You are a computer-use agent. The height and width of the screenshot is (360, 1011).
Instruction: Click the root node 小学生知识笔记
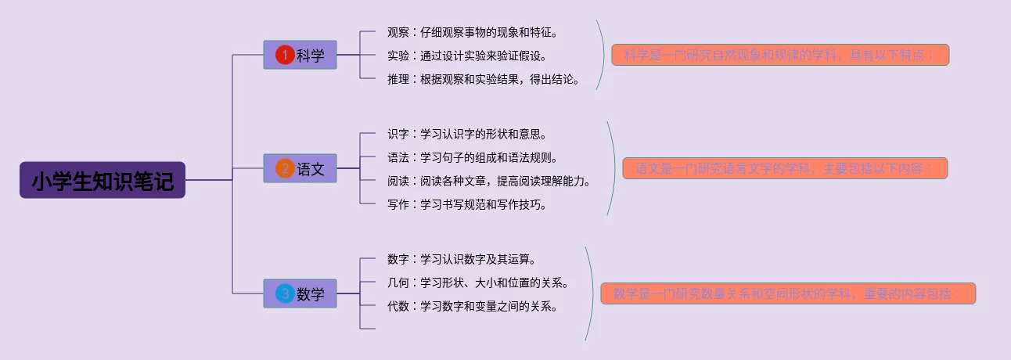102,180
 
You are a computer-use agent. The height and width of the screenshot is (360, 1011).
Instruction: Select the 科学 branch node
300,55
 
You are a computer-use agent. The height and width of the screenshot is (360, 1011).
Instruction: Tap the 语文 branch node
300,168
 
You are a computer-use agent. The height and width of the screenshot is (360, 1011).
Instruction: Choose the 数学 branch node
300,293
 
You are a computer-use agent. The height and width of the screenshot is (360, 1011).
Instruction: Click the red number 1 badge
285,55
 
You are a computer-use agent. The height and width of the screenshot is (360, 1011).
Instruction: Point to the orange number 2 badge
285,168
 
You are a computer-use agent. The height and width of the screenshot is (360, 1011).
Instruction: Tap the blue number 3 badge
285,293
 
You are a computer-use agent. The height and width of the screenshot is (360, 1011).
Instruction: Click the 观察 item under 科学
473,32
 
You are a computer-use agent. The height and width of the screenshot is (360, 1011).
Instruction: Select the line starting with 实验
467,56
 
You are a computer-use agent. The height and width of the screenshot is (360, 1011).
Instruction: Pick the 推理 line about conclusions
483,78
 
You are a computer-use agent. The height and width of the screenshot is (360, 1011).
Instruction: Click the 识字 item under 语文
466,134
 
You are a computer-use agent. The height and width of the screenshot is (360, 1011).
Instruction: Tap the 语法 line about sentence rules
472,157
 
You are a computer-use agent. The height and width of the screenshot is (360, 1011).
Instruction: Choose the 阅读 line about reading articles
488,181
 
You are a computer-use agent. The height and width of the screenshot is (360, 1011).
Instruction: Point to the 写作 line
466,205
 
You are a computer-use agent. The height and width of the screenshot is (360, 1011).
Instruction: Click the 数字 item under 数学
461,259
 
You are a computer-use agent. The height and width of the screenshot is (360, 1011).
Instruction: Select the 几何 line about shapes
477,283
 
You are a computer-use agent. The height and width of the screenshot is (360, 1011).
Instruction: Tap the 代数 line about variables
472,306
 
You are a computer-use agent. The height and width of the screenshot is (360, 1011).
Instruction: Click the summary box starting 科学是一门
780,55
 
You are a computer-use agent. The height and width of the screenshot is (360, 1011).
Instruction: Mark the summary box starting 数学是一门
788,293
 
